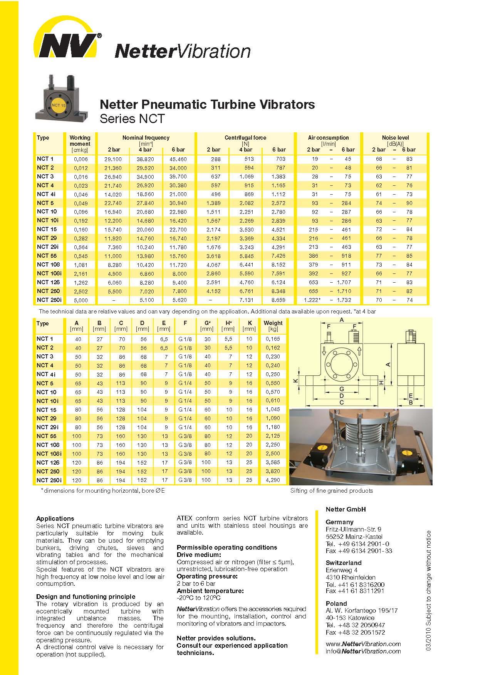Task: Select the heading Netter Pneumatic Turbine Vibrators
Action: tap(207, 104)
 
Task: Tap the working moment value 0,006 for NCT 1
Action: tap(81, 159)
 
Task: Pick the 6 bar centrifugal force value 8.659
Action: tap(278, 300)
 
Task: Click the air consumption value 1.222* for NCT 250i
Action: tap(313, 300)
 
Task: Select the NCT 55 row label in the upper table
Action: tap(47, 256)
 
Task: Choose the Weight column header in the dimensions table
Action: tap(273, 323)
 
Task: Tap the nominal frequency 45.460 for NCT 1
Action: tap(178, 159)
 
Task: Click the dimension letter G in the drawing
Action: tap(341, 389)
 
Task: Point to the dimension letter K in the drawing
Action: tap(295, 380)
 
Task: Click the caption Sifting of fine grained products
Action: tap(331, 490)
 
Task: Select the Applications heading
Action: tap(55, 518)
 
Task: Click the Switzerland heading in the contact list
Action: tap(344, 563)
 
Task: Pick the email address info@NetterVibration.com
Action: tap(363, 651)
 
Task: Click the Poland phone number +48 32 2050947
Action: tap(355, 625)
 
